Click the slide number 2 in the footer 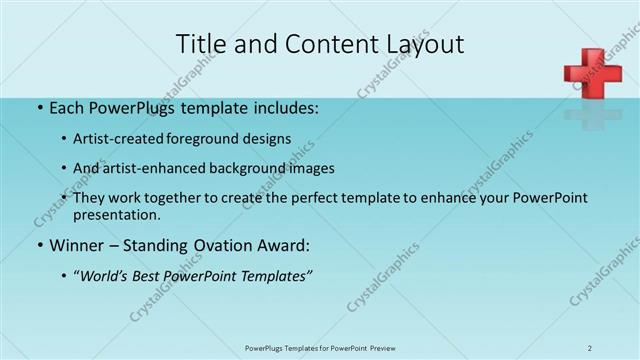pos(590,348)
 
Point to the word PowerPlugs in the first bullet pos(133,107)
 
